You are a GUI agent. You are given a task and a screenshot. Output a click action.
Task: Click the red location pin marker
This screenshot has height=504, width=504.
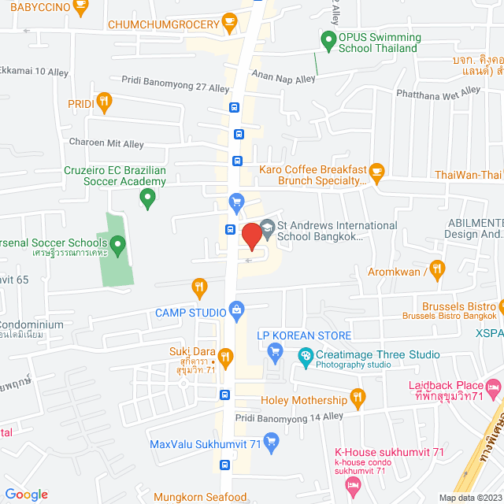251,235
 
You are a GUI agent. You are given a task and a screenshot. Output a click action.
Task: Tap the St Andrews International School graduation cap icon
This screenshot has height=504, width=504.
267,226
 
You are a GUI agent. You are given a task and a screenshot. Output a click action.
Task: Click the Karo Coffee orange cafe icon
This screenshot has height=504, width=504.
376,171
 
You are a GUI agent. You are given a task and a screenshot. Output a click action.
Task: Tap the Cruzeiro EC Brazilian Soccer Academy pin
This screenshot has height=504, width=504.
146,200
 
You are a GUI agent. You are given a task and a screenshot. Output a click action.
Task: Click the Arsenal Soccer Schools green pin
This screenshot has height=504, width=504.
118,247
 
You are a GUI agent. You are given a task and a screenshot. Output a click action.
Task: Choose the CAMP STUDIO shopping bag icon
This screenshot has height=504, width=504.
235,310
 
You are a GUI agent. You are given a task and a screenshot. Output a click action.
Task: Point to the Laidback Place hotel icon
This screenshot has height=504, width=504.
494,387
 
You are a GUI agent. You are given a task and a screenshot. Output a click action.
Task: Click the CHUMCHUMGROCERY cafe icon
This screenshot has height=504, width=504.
229,20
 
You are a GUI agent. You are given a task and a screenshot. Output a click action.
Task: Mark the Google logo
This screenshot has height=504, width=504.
26,494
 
